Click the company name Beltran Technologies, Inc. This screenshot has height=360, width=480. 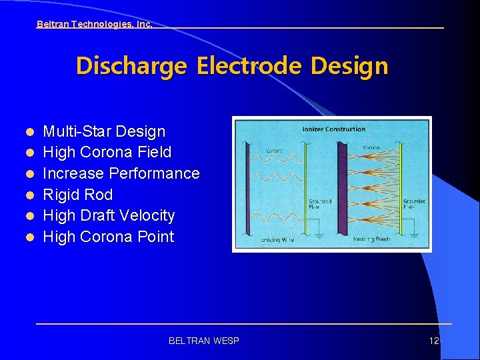point(94,24)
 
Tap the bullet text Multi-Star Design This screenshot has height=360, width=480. point(104,131)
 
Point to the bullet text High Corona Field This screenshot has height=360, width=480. point(107,153)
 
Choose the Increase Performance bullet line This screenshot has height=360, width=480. point(121,173)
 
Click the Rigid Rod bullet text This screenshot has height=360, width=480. point(78,195)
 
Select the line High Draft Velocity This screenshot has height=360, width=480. point(109,215)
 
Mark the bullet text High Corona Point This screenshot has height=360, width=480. point(109,237)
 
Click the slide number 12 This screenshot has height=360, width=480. point(434,341)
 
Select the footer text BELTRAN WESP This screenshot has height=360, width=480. point(204,341)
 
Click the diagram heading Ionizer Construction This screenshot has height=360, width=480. point(333,129)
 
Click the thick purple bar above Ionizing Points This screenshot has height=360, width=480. point(343,187)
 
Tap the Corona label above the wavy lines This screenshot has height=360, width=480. point(274,151)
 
